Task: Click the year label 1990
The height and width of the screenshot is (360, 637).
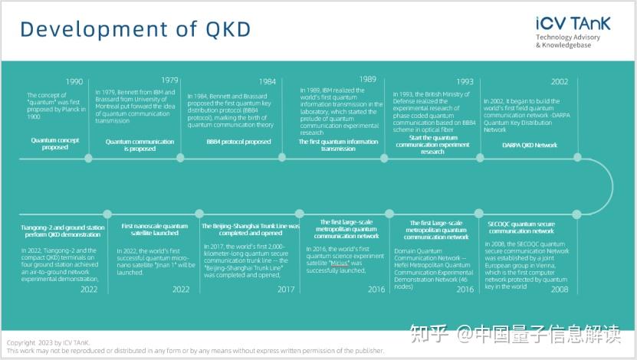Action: coord(74,82)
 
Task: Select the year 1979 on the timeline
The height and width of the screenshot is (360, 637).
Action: coord(169,80)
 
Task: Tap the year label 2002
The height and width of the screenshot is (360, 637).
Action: coord(559,82)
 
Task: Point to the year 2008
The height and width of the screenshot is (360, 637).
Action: coord(559,290)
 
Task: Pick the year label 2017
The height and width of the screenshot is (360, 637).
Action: coord(285,290)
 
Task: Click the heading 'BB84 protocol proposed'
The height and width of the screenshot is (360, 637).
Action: coord(238,142)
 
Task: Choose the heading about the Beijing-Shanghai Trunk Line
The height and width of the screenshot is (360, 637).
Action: coord(250,231)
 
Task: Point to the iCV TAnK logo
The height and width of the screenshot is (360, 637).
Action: coord(573,24)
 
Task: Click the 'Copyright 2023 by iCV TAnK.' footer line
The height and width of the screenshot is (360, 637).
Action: coord(47,342)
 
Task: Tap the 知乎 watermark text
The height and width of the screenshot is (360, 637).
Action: coord(429,334)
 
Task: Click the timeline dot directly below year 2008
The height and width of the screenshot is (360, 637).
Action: coord(576,214)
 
